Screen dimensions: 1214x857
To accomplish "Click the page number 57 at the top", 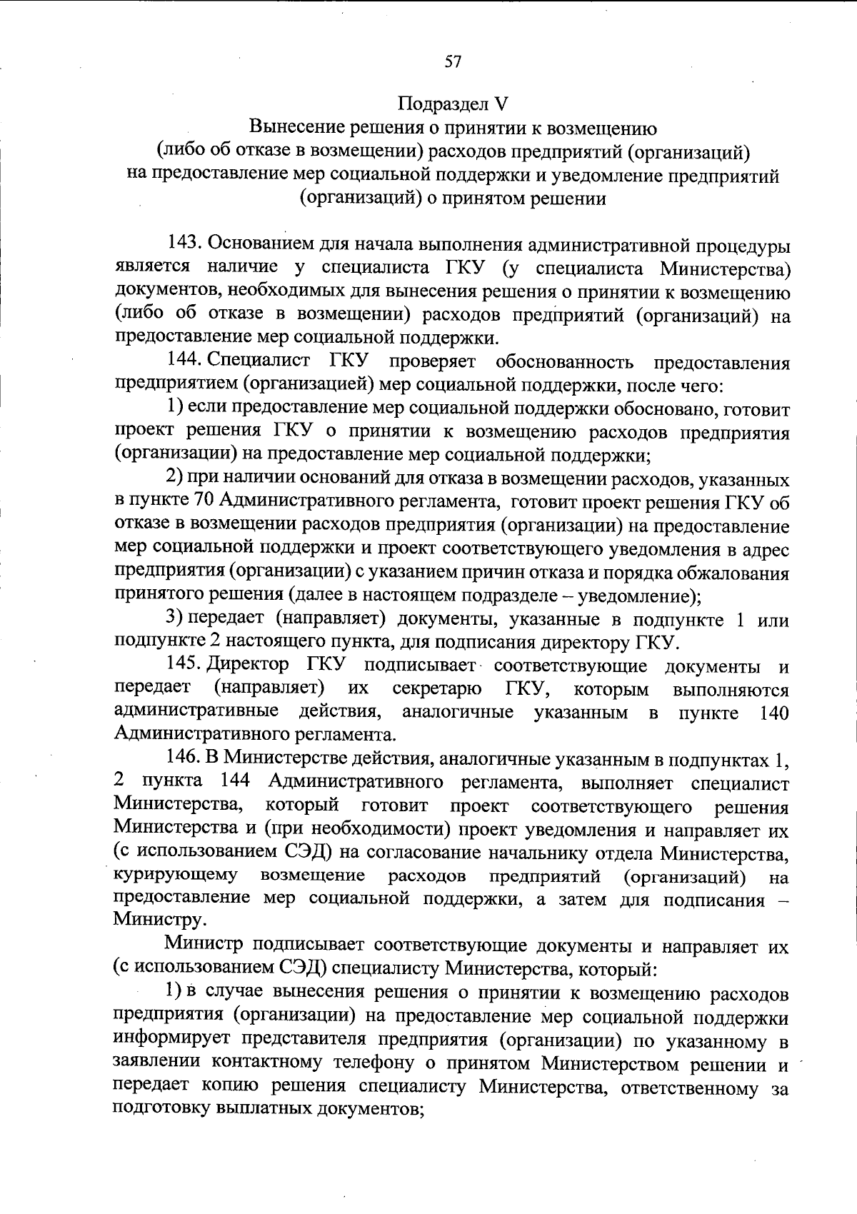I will point(453,62).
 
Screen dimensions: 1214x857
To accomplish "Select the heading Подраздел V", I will point(452,104).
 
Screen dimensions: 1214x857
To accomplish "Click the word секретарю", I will point(436,689).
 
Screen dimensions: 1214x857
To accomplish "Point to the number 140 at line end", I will point(775,713).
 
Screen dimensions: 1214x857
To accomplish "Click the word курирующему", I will point(176,876).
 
